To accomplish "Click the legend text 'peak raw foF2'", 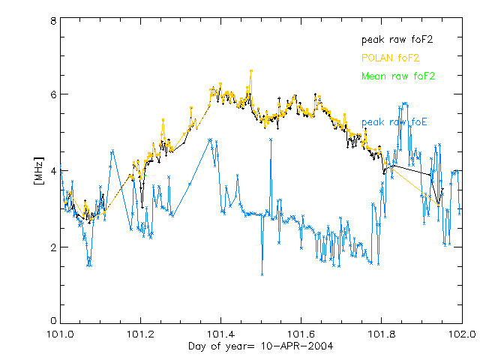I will (x=397, y=38).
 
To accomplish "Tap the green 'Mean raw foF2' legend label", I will (x=398, y=76).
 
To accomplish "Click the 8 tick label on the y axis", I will (x=52, y=21).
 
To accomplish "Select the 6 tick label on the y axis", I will (x=52, y=94).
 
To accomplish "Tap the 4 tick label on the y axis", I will (x=52, y=171).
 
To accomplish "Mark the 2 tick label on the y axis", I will (x=52, y=247).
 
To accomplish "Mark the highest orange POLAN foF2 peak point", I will (x=251, y=70).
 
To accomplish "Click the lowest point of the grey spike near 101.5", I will (x=262, y=274).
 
